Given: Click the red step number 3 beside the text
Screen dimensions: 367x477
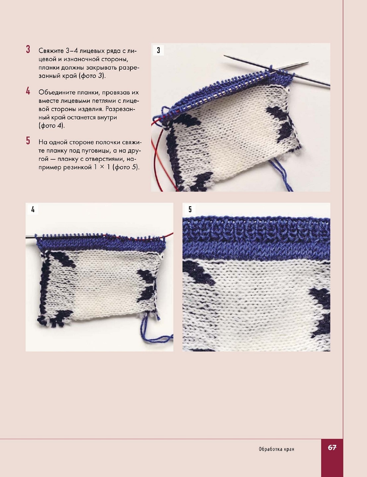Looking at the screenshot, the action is pyautogui.click(x=28, y=49).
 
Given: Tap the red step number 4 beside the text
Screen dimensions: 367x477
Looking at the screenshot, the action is pyautogui.click(x=28, y=91).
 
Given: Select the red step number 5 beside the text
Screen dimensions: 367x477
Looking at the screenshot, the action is pyautogui.click(x=28, y=141).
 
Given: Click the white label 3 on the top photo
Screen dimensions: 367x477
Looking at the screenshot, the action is pyautogui.click(x=158, y=50).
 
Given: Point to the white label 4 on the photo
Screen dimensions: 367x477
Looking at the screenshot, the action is pyautogui.click(x=33, y=209).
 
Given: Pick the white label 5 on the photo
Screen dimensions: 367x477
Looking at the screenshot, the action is pyautogui.click(x=190, y=209).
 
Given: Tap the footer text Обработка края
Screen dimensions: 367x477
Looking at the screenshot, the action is pyautogui.click(x=276, y=449).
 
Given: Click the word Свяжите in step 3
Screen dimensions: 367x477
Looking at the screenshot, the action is pyautogui.click(x=51, y=51).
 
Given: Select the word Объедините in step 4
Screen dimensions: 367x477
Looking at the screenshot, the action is pyautogui.click(x=56, y=92).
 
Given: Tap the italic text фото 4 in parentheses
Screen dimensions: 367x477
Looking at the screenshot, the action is pyautogui.click(x=51, y=126).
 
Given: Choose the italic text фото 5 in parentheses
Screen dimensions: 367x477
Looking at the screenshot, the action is pyautogui.click(x=126, y=167).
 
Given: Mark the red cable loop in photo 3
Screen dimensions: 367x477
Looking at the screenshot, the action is pyautogui.click(x=157, y=154).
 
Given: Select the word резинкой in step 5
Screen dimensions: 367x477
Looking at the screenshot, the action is pyautogui.click(x=78, y=167).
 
